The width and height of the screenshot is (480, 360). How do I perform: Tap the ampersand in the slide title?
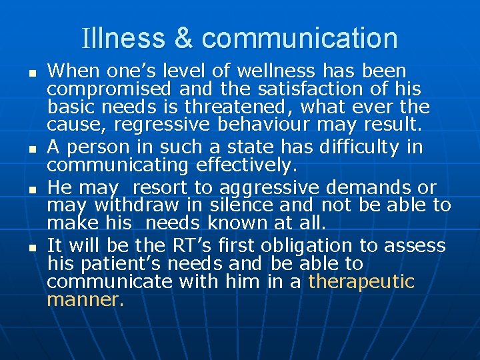pos(183,38)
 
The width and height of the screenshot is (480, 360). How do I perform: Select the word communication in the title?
pos(299,38)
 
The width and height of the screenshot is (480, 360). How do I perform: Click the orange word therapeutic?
pos(361,281)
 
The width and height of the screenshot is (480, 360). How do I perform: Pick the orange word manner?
pos(85,300)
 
